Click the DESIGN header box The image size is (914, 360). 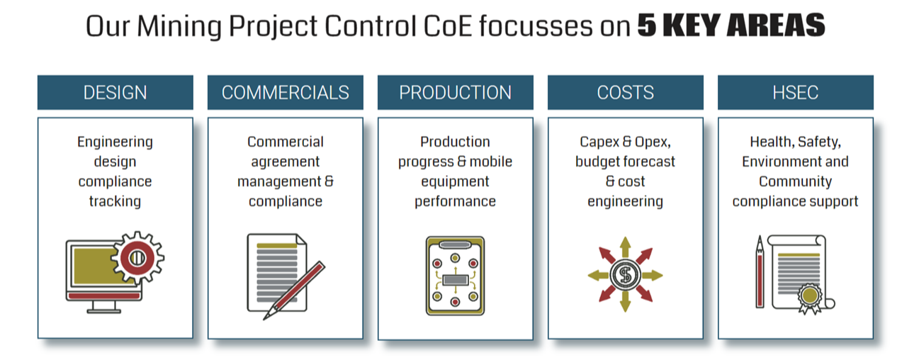click(x=115, y=92)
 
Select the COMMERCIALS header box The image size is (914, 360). click(x=286, y=92)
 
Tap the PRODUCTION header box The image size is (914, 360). click(x=456, y=92)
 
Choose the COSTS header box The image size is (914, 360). click(x=626, y=92)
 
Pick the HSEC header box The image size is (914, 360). click(x=796, y=92)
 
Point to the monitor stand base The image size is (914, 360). click(x=104, y=311)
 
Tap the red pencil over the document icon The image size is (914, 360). click(x=295, y=291)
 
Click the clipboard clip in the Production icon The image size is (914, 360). click(x=455, y=244)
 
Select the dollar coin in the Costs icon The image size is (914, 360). click(x=625, y=275)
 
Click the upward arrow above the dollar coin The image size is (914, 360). click(x=625, y=248)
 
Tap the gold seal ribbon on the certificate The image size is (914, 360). click(x=810, y=299)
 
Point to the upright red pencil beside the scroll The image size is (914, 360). click(x=760, y=271)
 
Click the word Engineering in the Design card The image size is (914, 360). click(x=115, y=142)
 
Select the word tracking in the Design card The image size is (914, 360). click(x=115, y=201)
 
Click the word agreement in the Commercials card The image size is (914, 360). click(x=286, y=162)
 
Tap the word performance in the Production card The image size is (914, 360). click(x=456, y=201)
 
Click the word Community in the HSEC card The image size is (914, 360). click(x=795, y=181)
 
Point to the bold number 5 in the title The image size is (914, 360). click(x=647, y=26)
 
